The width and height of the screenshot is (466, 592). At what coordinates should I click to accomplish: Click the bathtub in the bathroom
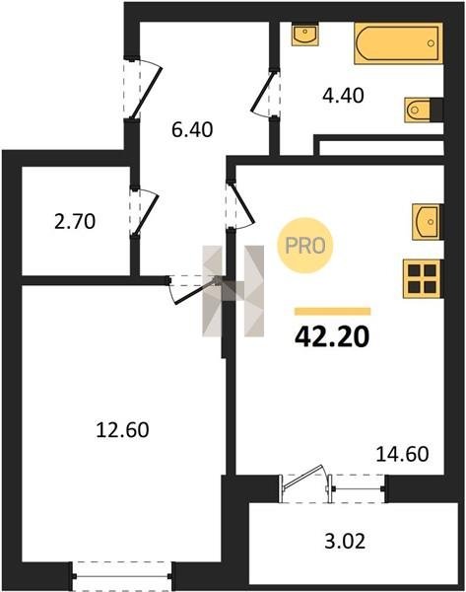(x=398, y=43)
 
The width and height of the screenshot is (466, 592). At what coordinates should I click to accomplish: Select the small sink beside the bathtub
(x=305, y=35)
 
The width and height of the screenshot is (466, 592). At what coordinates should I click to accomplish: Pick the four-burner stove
(x=423, y=279)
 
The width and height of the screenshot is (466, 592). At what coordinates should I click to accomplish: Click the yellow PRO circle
(x=305, y=246)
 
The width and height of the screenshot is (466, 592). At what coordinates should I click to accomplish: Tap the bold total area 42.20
(x=332, y=336)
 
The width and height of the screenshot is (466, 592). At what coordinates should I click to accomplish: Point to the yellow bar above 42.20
(x=333, y=312)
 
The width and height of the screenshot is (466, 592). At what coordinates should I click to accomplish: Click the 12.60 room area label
(x=122, y=429)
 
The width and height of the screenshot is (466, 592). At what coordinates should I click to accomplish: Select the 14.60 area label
(x=403, y=454)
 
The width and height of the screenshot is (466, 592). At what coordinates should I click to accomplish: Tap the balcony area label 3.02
(x=345, y=541)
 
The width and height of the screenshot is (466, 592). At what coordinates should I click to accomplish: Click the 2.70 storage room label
(x=75, y=222)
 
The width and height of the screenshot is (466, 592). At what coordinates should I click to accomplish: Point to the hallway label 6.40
(x=192, y=129)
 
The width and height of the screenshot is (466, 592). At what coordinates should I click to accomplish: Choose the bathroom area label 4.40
(x=343, y=95)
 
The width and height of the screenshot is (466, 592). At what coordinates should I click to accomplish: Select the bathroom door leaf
(x=263, y=92)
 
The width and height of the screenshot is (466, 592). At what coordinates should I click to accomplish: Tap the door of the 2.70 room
(x=146, y=214)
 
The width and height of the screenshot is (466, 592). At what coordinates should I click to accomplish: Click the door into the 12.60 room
(x=195, y=291)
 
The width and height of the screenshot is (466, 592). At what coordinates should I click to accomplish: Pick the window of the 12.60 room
(x=122, y=576)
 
